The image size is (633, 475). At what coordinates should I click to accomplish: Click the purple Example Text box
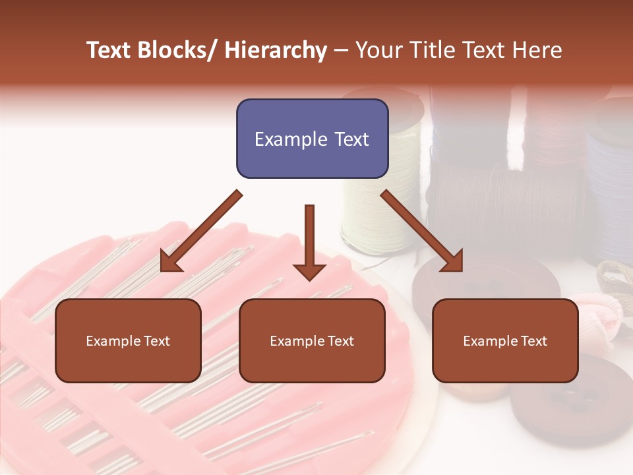[312, 139]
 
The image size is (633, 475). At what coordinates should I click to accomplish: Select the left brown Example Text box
[128, 340]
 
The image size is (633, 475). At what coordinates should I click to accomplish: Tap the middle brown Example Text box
[312, 340]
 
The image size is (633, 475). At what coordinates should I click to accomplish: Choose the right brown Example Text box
[505, 340]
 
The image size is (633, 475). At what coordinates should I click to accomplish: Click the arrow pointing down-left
[201, 232]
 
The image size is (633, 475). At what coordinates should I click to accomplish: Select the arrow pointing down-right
[422, 232]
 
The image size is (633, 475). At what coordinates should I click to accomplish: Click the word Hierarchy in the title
[276, 50]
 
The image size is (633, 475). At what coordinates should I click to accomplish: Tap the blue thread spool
[610, 178]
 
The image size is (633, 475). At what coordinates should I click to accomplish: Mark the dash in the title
[341, 51]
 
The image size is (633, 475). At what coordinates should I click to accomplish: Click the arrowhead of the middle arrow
[309, 271]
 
